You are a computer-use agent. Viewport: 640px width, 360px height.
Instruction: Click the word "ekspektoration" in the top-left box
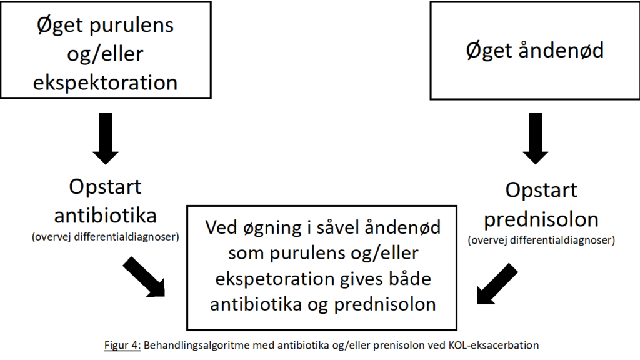point(105,83)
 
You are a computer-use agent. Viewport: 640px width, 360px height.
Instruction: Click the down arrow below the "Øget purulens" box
point(106,139)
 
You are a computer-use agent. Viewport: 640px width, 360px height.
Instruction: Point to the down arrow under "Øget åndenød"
point(536,139)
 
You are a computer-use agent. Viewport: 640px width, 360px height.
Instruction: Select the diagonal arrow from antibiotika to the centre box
point(144,277)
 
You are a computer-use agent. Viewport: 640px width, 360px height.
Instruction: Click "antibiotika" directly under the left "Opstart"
point(105,216)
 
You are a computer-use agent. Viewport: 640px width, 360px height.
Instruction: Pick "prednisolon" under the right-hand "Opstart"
point(541,219)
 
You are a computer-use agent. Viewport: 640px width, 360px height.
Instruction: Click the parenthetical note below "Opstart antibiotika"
point(105,237)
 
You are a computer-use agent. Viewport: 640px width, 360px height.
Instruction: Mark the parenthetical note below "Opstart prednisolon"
point(541,240)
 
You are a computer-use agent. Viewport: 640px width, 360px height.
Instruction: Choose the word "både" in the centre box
point(410,279)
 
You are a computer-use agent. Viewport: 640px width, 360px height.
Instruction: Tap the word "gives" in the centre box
point(361,279)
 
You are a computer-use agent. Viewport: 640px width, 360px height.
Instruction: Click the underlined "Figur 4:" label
point(122,345)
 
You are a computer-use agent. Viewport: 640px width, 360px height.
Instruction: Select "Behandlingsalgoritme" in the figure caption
point(196,346)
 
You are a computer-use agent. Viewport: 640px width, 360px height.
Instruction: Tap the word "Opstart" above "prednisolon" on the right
point(541,191)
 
